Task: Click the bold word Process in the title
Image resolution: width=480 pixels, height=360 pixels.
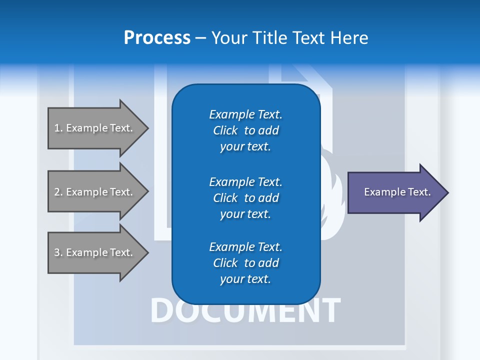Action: pyautogui.click(x=157, y=37)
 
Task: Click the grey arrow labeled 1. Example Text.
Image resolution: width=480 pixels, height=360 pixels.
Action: pyautogui.click(x=95, y=128)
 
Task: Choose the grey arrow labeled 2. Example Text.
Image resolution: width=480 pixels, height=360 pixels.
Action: pyautogui.click(x=95, y=192)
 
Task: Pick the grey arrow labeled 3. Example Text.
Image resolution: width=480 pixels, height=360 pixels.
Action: pyautogui.click(x=95, y=252)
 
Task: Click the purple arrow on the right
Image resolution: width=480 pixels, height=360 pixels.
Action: pyautogui.click(x=395, y=192)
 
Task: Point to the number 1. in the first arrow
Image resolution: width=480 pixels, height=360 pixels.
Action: pyautogui.click(x=58, y=128)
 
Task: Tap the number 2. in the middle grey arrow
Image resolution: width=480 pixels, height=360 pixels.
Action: pyautogui.click(x=58, y=192)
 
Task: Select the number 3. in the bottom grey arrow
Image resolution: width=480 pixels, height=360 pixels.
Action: pyautogui.click(x=58, y=252)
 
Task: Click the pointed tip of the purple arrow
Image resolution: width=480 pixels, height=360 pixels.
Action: pyautogui.click(x=446, y=192)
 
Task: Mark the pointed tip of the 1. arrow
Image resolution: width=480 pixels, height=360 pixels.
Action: pyautogui.click(x=146, y=128)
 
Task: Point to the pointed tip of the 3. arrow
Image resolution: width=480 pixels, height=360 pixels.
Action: pyautogui.click(x=146, y=252)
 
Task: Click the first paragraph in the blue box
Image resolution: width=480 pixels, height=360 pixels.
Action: pyautogui.click(x=245, y=130)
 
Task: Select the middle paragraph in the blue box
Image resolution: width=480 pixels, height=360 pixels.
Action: pyautogui.click(x=245, y=198)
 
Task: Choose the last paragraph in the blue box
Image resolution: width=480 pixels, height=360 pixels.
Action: pyautogui.click(x=245, y=263)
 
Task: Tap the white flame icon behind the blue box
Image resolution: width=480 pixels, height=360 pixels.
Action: pyautogui.click(x=331, y=200)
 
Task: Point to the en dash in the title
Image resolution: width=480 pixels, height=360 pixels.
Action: pyautogui.click(x=201, y=38)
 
